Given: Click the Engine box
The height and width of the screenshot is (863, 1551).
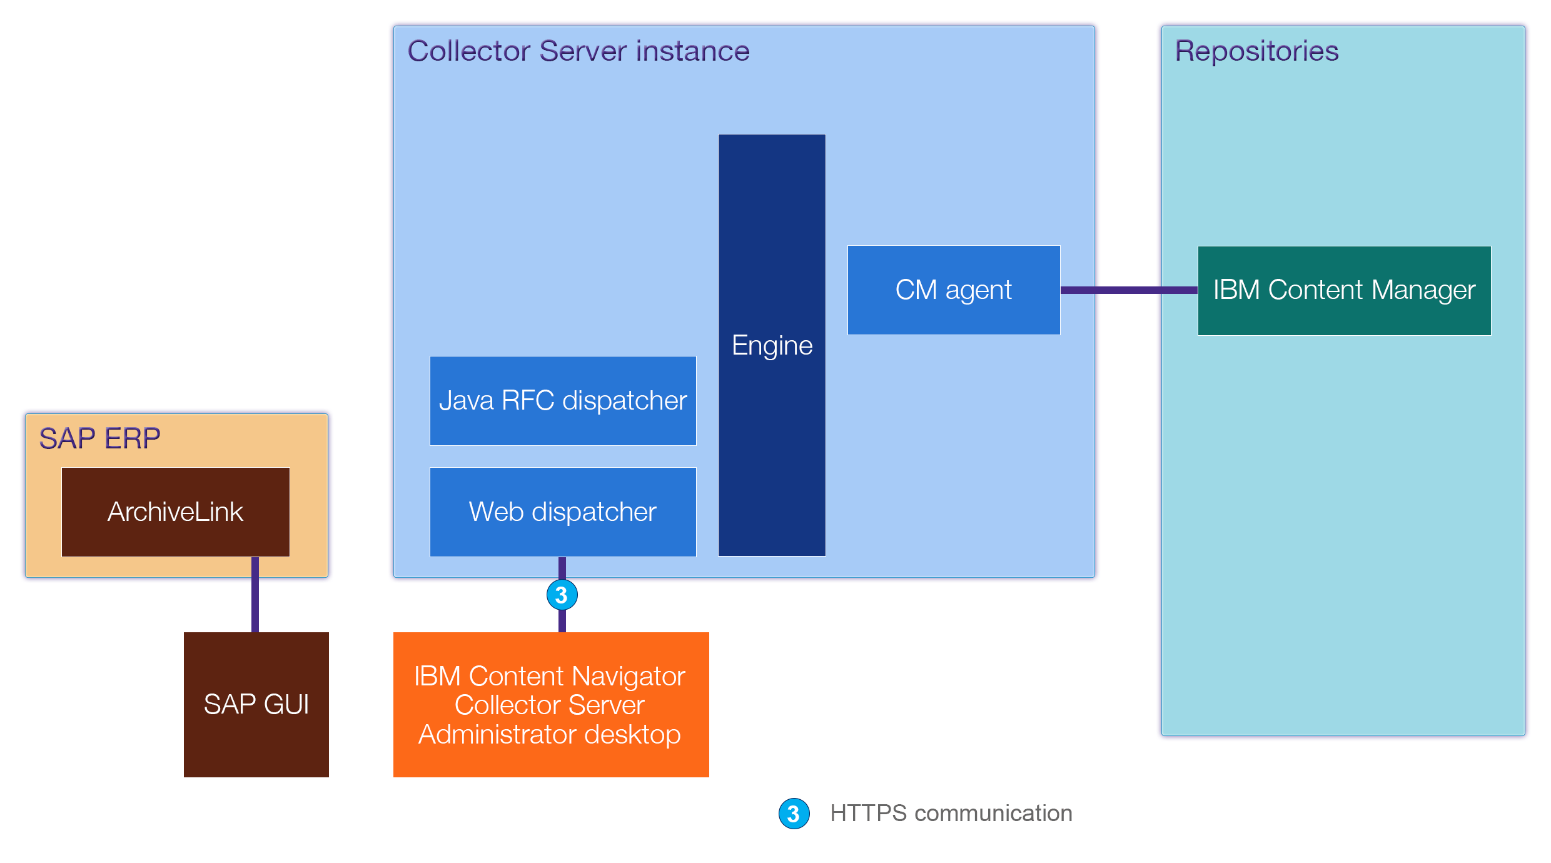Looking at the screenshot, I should point(772,345).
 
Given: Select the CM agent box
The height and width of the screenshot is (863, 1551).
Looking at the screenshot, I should point(953,290).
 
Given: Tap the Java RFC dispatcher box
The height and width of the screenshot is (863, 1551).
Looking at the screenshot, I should point(563,400).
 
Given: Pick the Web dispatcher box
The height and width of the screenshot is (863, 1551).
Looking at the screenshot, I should point(563,512).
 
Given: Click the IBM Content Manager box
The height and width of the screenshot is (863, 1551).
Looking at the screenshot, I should point(1344,290).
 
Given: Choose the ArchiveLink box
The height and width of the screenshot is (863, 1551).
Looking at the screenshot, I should point(175,512).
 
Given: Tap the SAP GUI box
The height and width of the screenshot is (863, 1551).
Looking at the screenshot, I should point(256,704).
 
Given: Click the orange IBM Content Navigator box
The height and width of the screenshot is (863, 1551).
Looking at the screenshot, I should point(550,704).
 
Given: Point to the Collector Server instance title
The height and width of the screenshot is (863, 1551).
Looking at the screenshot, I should point(578,51).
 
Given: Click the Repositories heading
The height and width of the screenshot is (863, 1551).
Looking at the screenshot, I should point(1256,51).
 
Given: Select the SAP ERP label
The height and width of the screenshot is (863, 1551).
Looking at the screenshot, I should point(99,438).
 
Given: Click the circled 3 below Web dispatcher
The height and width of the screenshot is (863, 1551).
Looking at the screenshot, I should point(562,595).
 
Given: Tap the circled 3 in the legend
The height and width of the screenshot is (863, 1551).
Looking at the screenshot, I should point(794,814).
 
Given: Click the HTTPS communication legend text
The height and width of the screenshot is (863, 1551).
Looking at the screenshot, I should point(951,814).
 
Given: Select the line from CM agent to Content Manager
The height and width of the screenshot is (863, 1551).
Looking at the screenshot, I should point(1129,290).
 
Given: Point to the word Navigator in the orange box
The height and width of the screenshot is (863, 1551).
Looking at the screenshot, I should point(628,676).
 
